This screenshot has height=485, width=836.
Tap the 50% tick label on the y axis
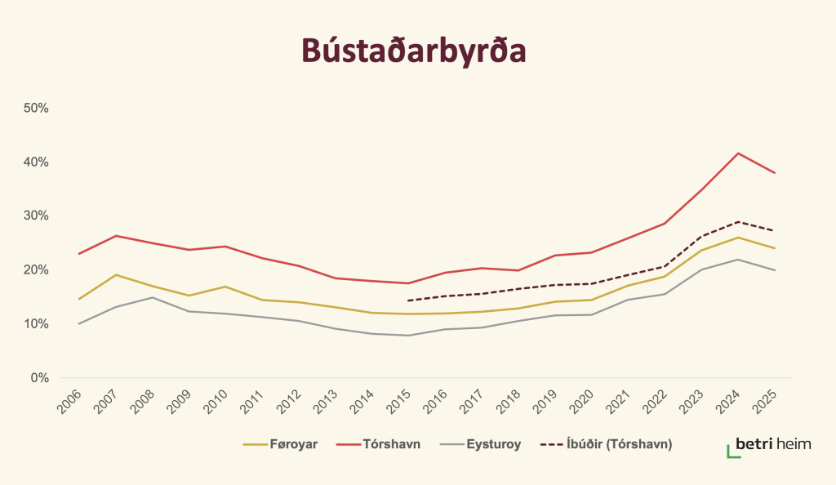coord(36,108)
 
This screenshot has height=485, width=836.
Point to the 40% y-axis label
coord(36,162)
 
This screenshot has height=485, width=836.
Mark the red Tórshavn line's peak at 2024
coord(737,154)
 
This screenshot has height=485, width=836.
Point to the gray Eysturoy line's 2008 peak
coord(152,297)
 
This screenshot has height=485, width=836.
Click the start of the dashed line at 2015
coord(407,300)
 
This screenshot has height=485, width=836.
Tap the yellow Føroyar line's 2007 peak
coord(115,274)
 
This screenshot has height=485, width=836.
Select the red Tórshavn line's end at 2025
coord(774,173)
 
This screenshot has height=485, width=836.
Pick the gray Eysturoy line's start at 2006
coord(78,323)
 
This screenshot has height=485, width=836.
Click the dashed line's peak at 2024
coord(737,221)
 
